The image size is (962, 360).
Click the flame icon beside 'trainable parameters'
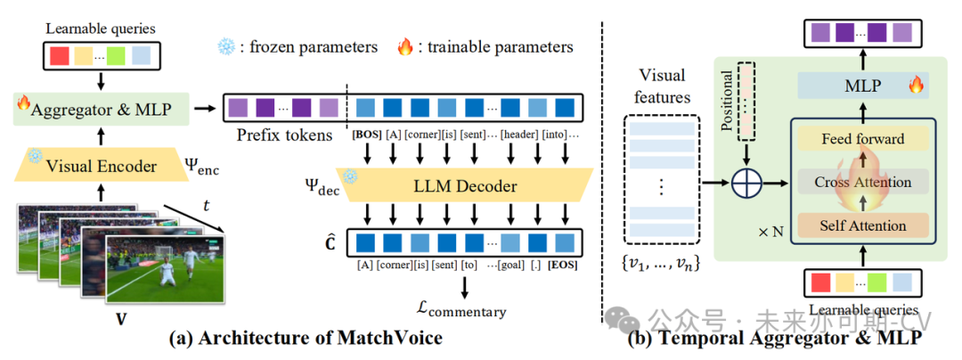405,45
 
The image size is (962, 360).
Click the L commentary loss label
463,309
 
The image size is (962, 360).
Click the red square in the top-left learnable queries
60,56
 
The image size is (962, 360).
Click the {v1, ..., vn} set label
662,263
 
